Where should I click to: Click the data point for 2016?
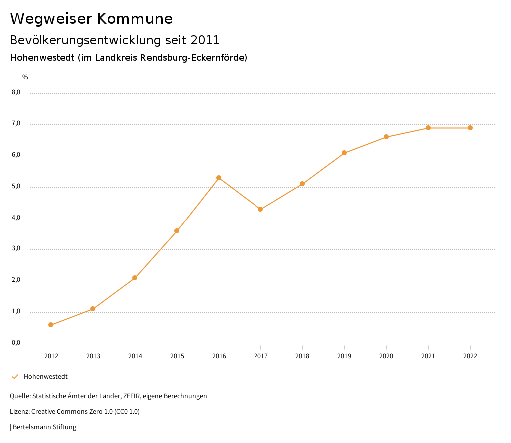(x=219, y=178)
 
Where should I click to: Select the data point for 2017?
(x=260, y=209)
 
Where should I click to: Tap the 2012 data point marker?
(x=51, y=325)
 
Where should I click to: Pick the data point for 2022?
(x=470, y=128)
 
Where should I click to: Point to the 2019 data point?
(x=344, y=153)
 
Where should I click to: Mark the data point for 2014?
(x=135, y=278)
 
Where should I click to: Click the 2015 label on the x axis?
(x=177, y=356)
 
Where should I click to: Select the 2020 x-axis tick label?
(x=386, y=356)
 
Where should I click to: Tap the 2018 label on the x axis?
(x=302, y=356)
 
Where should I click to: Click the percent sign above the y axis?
(x=25, y=77)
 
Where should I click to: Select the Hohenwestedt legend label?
(x=46, y=377)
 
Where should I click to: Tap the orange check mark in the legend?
(x=15, y=377)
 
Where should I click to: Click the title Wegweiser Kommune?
(x=91, y=19)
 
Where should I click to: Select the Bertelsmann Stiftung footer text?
(x=44, y=427)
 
